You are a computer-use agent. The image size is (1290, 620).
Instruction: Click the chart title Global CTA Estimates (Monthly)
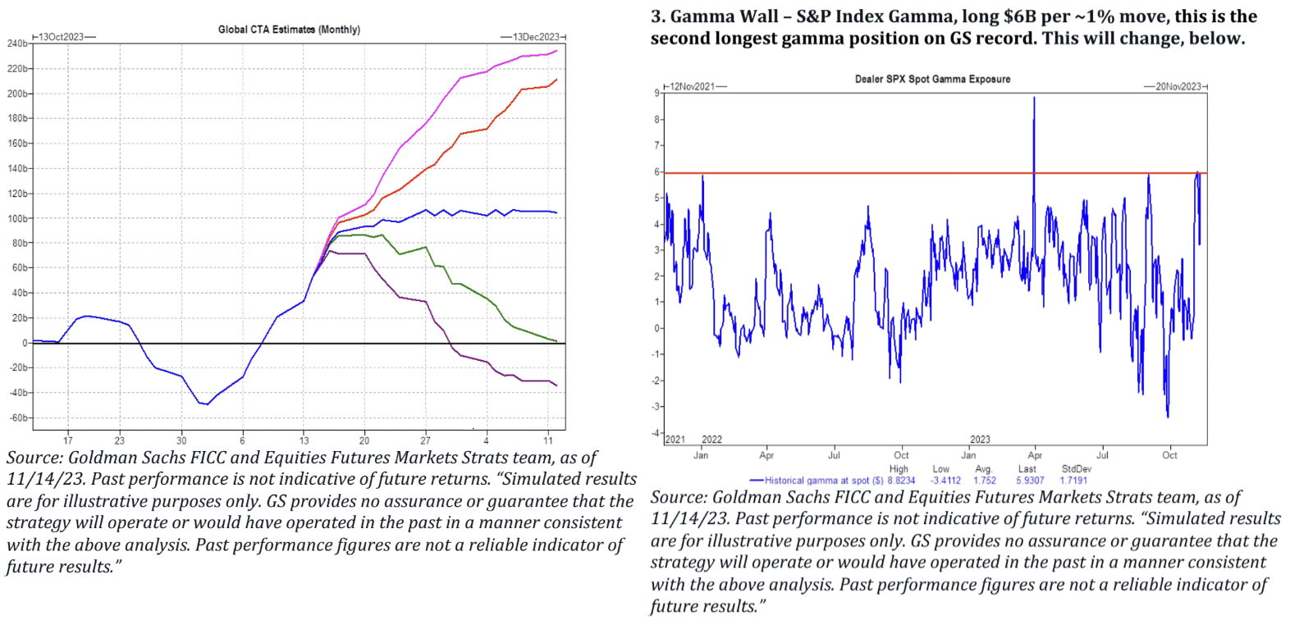tap(289, 30)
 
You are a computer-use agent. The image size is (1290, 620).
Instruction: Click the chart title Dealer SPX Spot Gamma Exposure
tap(932, 80)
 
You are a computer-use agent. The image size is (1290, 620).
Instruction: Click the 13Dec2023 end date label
tap(535, 37)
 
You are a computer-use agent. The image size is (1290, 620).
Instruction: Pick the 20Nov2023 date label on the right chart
tap(1178, 86)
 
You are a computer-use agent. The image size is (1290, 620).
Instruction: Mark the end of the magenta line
tap(556, 51)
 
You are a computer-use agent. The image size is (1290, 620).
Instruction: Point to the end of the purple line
tap(556, 385)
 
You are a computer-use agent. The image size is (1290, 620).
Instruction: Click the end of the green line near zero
tap(556, 341)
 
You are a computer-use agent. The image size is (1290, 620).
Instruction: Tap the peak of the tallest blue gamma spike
tap(1034, 98)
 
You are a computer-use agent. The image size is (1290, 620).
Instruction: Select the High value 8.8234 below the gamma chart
tap(901, 481)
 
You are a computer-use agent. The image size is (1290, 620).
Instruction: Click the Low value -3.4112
tap(945, 481)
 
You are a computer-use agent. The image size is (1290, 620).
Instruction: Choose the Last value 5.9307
tap(1030, 481)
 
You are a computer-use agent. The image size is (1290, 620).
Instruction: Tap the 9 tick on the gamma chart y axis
tap(656, 93)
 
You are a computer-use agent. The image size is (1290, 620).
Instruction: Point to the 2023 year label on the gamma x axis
tap(980, 440)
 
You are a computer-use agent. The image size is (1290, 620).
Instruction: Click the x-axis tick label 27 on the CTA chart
tap(425, 440)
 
